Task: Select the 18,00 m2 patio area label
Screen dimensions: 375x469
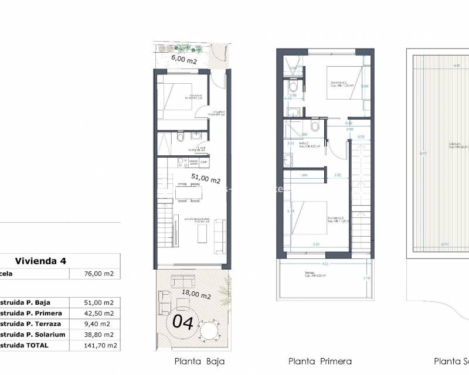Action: [x=196, y=295]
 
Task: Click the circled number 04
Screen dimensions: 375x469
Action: [x=181, y=321]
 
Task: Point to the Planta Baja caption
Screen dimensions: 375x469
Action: [x=199, y=361]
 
